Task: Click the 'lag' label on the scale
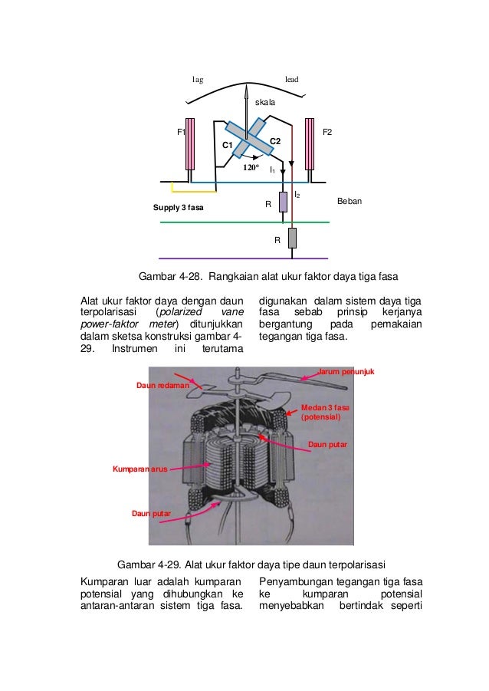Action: click(197, 79)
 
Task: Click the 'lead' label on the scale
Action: click(291, 79)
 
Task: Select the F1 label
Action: click(182, 132)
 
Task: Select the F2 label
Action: click(327, 132)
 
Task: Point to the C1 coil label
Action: click(228, 145)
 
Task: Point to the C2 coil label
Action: click(275, 141)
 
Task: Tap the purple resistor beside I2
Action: click(283, 202)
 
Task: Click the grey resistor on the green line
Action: click(292, 239)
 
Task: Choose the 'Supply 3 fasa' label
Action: click(179, 207)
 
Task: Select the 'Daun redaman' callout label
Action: click(162, 385)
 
